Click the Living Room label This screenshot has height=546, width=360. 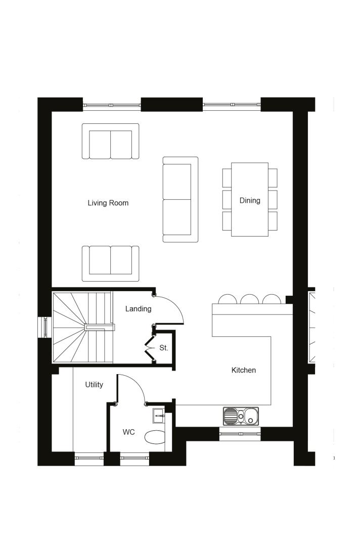pos(108,203)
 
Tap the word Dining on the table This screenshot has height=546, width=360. pos(250,201)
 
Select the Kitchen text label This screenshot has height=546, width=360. pos(244,370)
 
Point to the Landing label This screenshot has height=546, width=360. pos(138,309)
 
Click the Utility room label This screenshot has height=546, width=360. pos(94,385)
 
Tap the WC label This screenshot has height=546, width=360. pos(128,432)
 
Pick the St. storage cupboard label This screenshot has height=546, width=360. pos(164,348)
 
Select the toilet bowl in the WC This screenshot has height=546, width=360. pos(155,437)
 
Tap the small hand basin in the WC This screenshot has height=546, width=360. pos(158,415)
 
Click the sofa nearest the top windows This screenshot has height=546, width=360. pos(110,141)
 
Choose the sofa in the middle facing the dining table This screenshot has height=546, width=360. pos(181,200)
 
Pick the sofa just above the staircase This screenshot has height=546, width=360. pos(110,263)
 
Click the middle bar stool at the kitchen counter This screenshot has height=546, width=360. pos(250,299)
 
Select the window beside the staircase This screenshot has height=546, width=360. pos(45,327)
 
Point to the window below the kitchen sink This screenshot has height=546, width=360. pos(240,434)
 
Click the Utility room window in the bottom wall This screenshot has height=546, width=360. pos(89,459)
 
